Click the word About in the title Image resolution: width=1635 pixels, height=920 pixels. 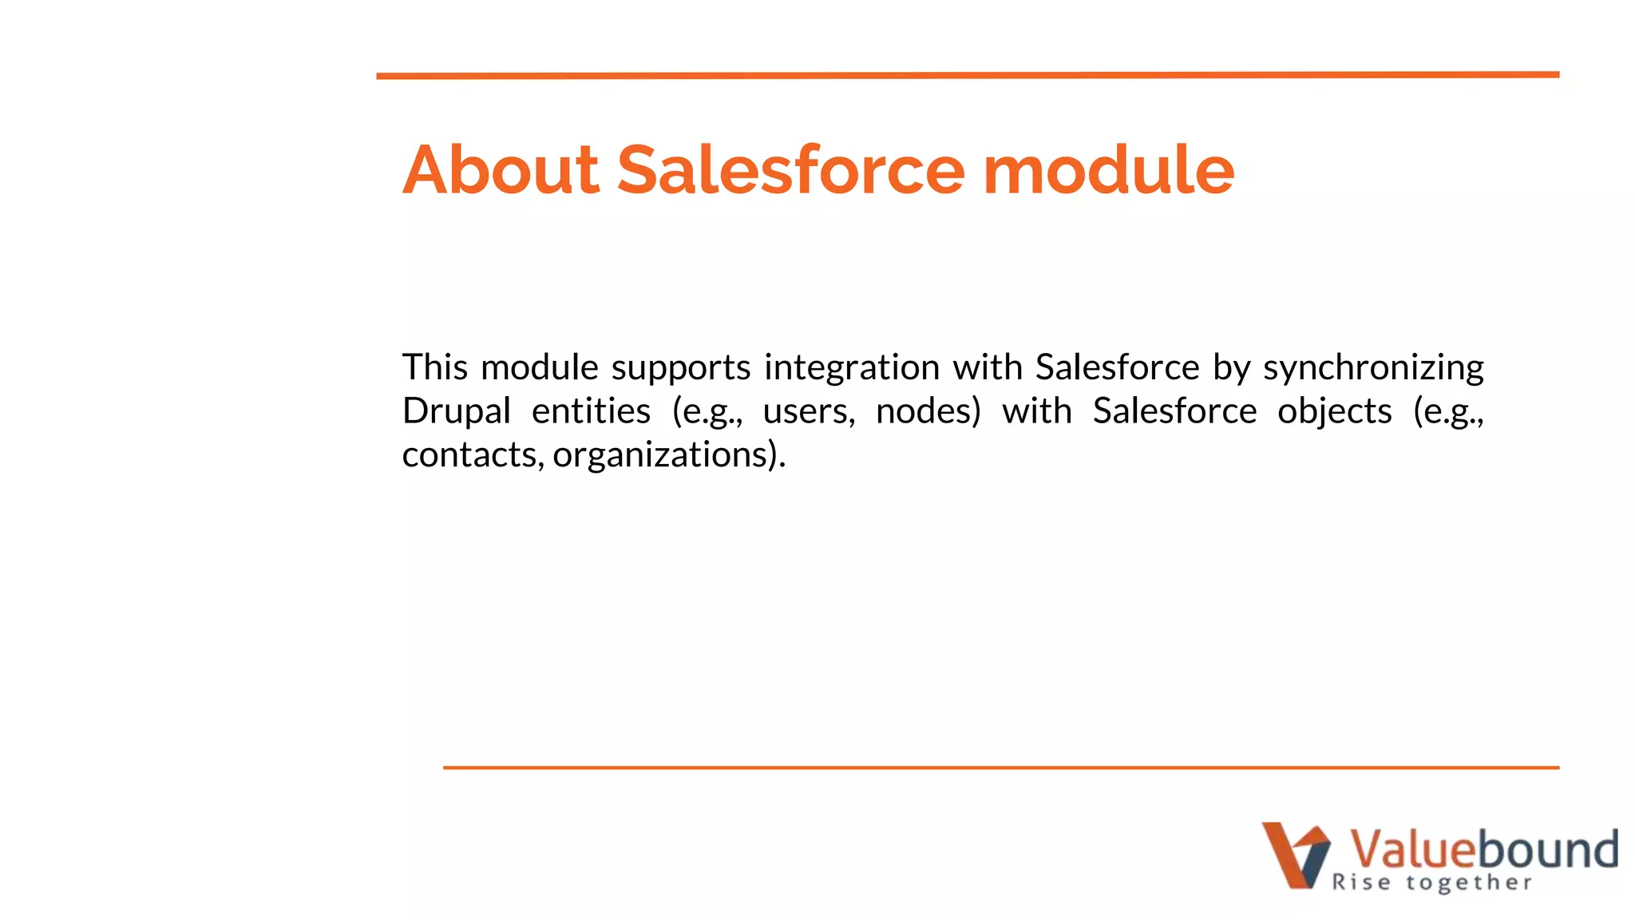click(501, 169)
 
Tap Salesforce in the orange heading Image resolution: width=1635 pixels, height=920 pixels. click(790, 169)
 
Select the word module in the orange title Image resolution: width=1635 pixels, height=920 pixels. click(1108, 169)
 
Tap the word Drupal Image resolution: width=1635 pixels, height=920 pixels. click(456, 412)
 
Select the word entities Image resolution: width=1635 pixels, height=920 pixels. click(591, 411)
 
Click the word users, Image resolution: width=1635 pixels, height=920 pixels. click(809, 412)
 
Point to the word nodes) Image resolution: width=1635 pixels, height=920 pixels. click(928, 412)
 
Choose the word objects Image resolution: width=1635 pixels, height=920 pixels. click(1334, 412)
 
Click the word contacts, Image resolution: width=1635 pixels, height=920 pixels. click(473, 455)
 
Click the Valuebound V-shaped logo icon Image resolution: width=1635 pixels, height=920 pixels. click(1295, 855)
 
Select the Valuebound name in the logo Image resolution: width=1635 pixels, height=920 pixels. click(1483, 848)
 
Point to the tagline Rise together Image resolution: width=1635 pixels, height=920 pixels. click(1431, 882)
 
